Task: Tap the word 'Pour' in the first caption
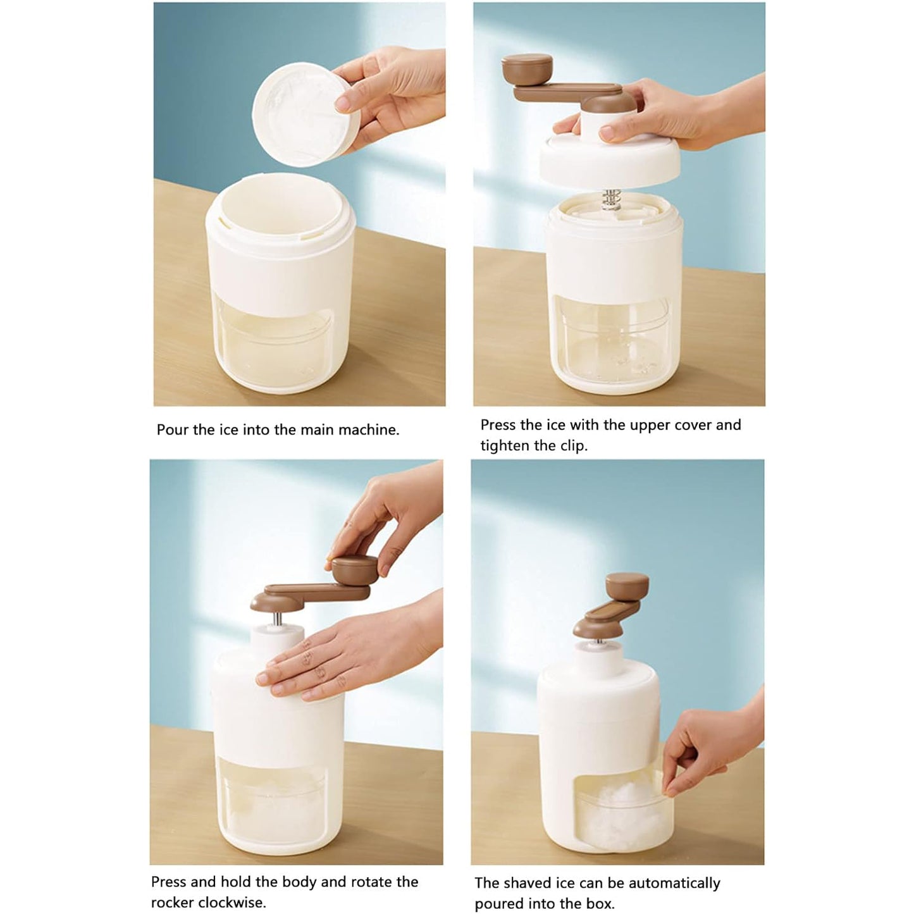click(173, 430)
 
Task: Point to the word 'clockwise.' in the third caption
click(232, 902)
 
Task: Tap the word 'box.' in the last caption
click(598, 904)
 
